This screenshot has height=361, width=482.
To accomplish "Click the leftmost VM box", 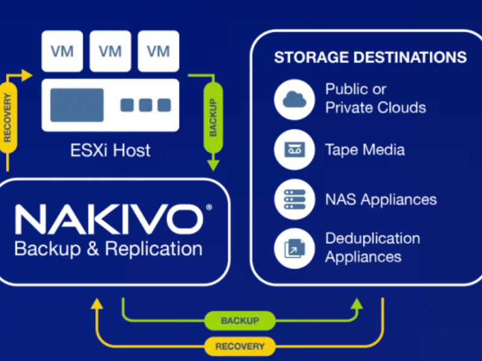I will [62, 51].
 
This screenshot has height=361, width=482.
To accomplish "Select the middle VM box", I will [110, 51].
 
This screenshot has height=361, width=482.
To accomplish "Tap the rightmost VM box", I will [158, 51].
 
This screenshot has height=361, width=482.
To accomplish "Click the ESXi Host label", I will [110, 149].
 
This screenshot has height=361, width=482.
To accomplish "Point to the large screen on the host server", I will [77, 105].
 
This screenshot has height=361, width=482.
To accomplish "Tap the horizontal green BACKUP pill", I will [240, 321].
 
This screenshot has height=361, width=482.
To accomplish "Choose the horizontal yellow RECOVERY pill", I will [240, 346].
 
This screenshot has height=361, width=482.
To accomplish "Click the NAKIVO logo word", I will [109, 220].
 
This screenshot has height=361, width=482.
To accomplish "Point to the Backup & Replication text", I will [108, 248].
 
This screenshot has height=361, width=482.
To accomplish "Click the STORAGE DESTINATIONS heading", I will [370, 58].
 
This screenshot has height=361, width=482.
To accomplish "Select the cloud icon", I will [295, 99].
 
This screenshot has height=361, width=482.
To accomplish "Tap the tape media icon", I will [295, 149].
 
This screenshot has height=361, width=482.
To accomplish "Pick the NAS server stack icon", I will [295, 199].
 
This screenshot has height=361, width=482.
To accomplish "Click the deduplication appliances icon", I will [295, 247].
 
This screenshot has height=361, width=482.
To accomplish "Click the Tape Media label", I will [365, 149].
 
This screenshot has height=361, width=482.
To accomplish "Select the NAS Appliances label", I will [381, 199].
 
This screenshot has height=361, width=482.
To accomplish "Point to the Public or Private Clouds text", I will [375, 99].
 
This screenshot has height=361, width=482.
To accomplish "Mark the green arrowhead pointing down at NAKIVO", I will [213, 165].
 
